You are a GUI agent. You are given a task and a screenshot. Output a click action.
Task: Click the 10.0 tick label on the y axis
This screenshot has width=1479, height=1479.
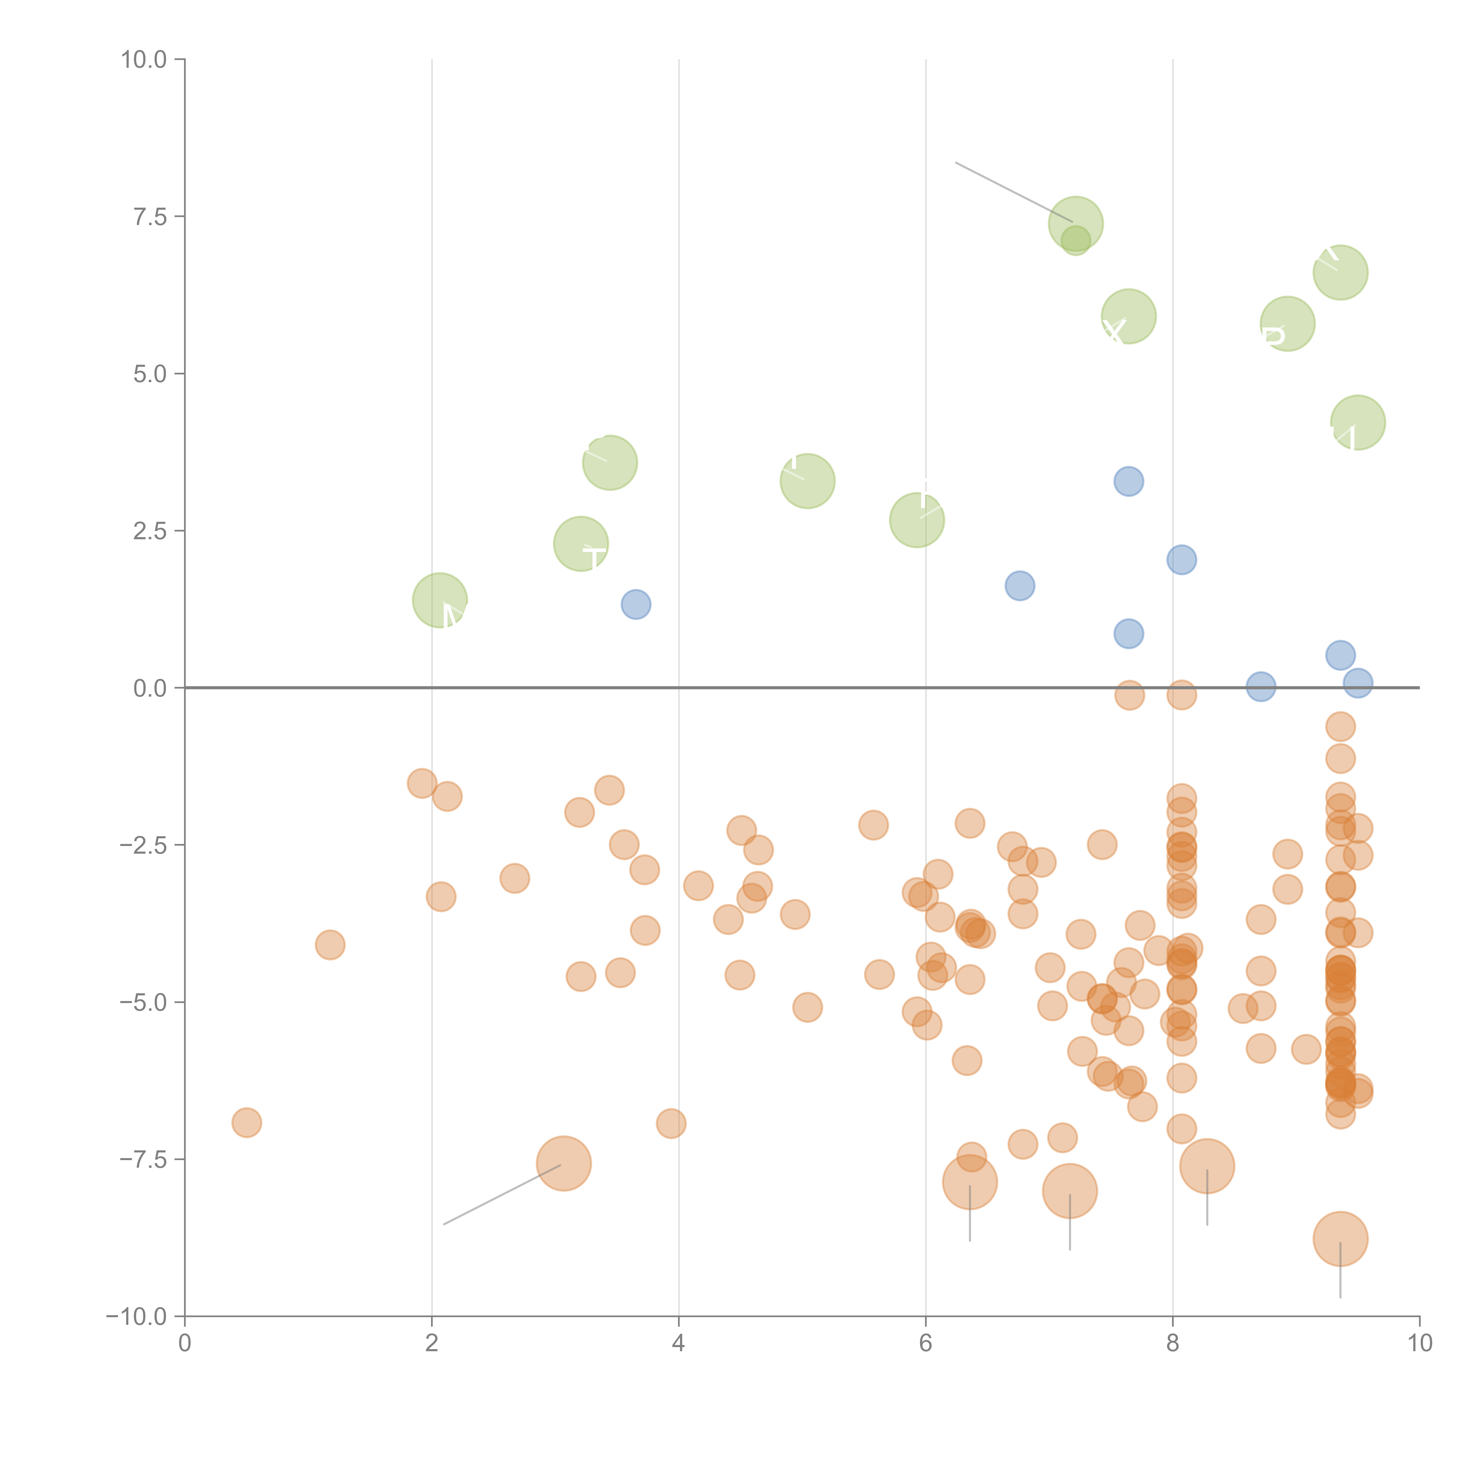(144, 60)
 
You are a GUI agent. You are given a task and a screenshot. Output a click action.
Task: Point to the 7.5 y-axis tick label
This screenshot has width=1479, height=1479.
(150, 217)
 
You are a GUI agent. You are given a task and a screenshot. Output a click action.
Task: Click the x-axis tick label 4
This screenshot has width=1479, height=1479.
(678, 1344)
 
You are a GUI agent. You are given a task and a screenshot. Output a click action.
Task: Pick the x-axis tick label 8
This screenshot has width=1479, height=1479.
(1173, 1344)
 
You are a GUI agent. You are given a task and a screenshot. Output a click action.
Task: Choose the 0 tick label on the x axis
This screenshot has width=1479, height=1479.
(185, 1344)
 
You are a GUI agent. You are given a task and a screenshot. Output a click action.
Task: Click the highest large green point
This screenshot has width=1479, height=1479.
(1076, 224)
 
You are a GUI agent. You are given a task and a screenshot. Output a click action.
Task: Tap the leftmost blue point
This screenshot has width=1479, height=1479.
(635, 605)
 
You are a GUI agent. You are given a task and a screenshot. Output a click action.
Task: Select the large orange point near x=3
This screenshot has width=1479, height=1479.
(563, 1164)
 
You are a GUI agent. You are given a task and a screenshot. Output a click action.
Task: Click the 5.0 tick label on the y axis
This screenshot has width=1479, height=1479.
(150, 374)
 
